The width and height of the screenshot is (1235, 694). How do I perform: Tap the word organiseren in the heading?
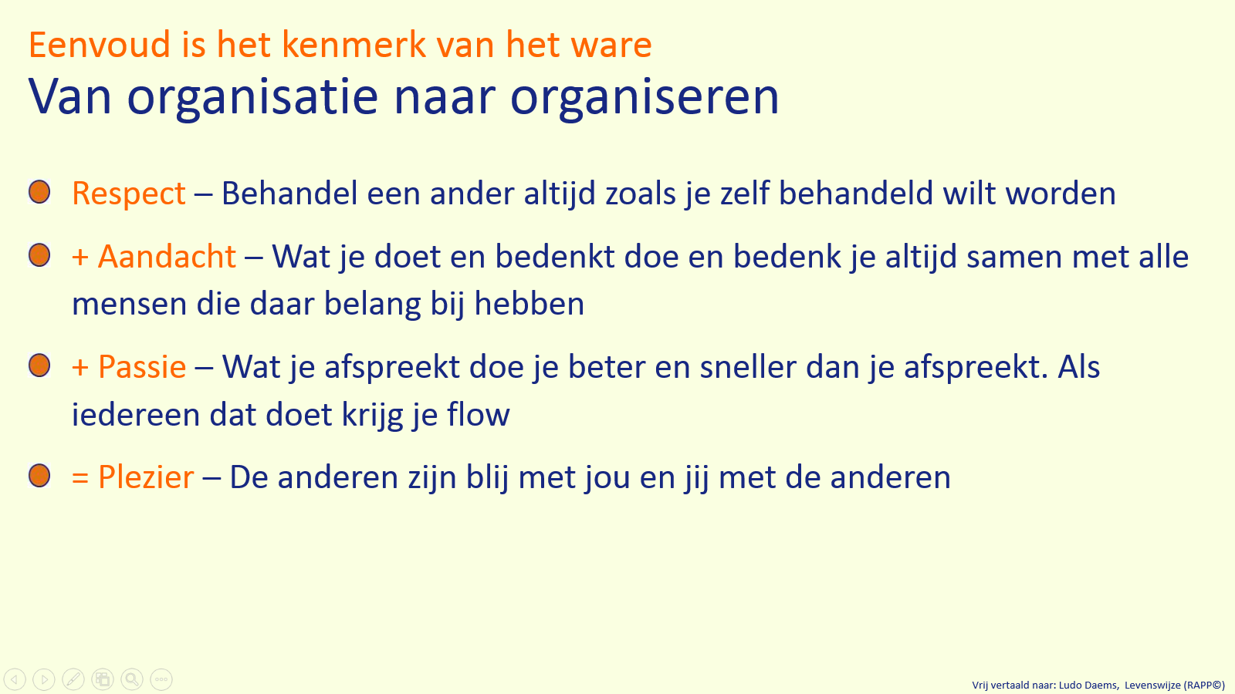coord(645,98)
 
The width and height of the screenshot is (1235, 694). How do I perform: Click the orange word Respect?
coord(129,194)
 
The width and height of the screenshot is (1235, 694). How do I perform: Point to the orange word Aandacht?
coord(167,257)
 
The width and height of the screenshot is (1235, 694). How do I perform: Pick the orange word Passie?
coord(142,367)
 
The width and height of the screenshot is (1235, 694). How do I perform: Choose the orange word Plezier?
coord(146,477)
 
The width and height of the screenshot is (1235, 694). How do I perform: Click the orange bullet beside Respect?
coord(39,192)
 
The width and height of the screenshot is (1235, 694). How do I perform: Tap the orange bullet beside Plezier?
coord(39,476)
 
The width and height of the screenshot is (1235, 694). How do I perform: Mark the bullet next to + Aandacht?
coord(39,255)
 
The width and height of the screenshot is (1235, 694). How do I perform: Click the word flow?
coord(479,415)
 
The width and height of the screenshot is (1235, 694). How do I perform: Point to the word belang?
coord(373,305)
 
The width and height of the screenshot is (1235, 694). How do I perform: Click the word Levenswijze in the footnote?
coord(1152,685)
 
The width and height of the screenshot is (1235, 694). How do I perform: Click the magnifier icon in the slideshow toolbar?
coord(132,679)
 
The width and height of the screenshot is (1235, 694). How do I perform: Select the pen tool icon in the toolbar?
coord(73,679)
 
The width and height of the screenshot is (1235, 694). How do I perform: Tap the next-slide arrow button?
coord(44,679)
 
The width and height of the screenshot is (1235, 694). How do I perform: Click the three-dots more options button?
coord(161,679)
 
